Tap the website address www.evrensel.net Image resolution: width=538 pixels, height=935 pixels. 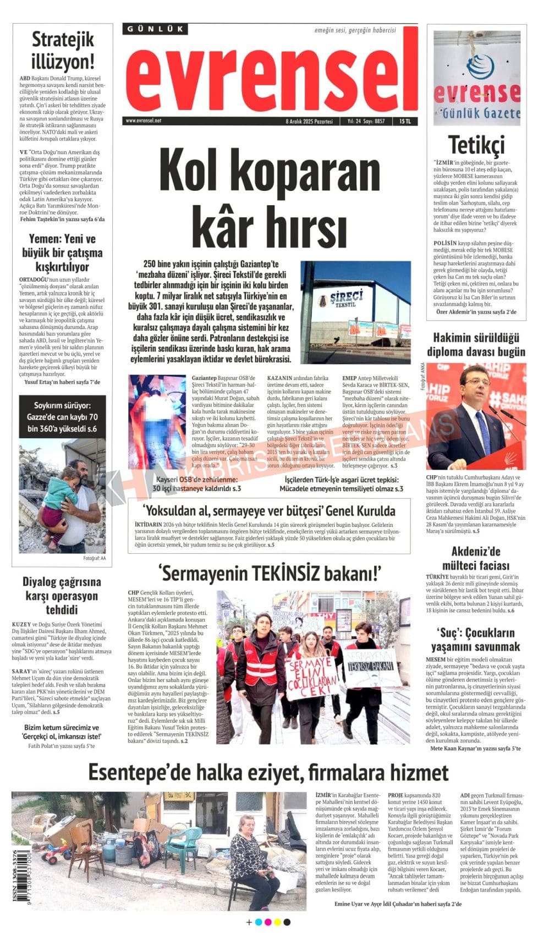pos(144,120)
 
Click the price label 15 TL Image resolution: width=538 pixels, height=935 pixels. pos(405,121)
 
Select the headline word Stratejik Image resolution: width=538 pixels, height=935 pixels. pos(63,40)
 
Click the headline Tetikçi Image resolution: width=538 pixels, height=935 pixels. pos(476,145)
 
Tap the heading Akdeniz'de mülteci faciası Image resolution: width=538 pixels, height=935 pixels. pos(476,558)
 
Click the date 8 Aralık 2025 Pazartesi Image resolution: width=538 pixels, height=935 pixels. pos(309,121)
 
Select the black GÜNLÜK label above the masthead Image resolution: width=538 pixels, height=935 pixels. pos(156,29)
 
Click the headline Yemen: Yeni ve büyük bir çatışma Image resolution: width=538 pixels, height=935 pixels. pos(62,252)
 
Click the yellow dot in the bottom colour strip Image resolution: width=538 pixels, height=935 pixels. pos(277,922)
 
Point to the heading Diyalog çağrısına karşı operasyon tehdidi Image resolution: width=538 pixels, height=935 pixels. pos(62,596)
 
